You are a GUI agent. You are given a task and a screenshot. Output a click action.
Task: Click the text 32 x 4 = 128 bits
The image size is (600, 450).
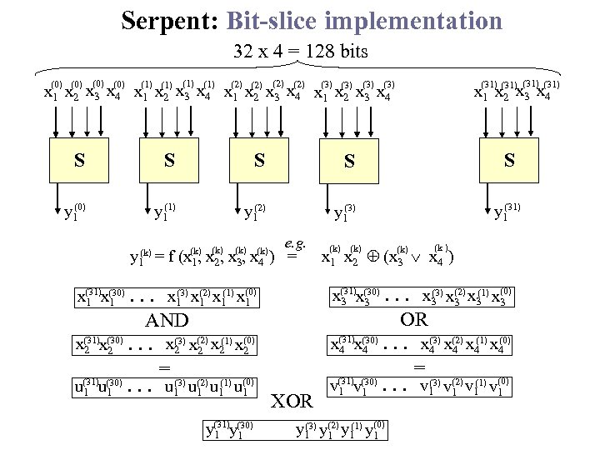[x=301, y=52]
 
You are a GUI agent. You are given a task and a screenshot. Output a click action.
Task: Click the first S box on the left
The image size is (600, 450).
[x=79, y=160]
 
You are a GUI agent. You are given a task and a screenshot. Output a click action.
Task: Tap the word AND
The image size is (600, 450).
[x=167, y=321]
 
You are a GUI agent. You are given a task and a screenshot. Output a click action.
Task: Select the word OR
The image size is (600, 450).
[x=413, y=319]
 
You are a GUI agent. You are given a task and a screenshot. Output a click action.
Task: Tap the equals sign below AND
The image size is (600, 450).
[x=164, y=367]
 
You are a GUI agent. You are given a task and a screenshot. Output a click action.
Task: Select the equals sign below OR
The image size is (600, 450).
[x=419, y=365]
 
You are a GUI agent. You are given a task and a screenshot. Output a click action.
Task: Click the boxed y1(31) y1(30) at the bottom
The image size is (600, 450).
[x=230, y=429]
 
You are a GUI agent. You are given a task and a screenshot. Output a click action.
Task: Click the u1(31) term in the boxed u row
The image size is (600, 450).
[x=87, y=387]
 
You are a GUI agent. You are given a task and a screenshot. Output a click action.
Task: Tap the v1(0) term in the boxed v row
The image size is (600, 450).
[x=497, y=387]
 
